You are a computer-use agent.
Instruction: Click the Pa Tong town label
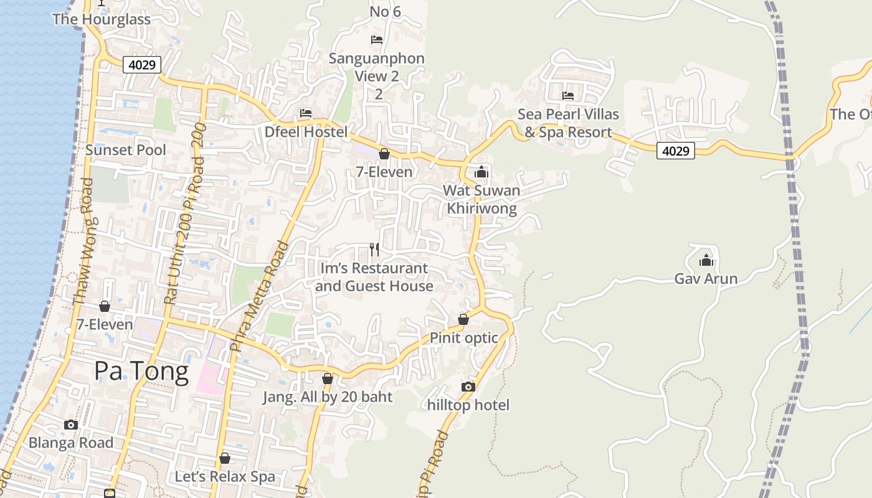tap(141, 371)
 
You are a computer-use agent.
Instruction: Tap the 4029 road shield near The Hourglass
tap(142, 64)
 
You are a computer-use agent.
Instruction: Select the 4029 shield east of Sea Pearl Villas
tap(675, 150)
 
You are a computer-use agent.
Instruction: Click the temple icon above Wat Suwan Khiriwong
tap(481, 172)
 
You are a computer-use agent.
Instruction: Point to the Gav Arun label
tap(706, 278)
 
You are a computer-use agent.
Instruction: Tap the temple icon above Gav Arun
tap(706, 260)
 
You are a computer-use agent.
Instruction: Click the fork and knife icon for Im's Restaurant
tap(374, 250)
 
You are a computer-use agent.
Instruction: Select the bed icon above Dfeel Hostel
tap(306, 113)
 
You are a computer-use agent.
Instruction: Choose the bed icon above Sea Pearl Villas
tap(568, 96)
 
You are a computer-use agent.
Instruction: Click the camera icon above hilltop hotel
tap(468, 387)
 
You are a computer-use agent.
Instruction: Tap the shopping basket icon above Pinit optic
tap(463, 319)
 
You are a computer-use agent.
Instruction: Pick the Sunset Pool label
tap(126, 150)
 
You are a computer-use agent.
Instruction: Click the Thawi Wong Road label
tap(83, 242)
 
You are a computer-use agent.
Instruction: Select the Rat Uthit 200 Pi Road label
tap(184, 214)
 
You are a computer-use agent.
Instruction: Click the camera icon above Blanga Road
tap(71, 425)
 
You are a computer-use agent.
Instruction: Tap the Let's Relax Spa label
tap(225, 477)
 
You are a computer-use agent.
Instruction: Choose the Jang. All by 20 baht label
tap(328, 397)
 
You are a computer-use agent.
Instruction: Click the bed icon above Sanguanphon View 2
tap(377, 40)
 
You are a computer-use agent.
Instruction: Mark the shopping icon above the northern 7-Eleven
tap(384, 154)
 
